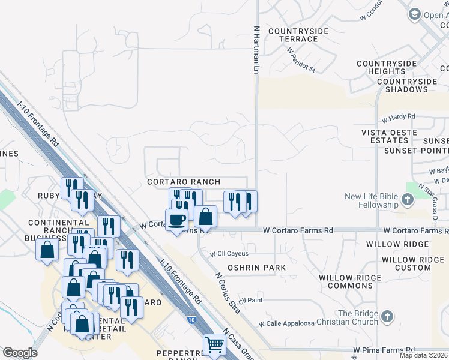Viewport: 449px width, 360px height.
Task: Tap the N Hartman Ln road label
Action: (256, 49)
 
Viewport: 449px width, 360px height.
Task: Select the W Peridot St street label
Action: (301, 60)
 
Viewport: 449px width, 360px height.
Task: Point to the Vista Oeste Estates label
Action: (385, 136)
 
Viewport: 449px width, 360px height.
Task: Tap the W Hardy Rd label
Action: (398, 116)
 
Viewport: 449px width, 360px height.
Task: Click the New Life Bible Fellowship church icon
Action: (408, 200)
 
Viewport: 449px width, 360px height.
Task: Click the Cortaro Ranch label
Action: (184, 182)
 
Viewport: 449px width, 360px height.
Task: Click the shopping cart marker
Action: (214, 344)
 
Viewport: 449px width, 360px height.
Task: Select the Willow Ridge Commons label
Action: (350, 282)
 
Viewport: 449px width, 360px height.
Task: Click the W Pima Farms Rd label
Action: (384, 349)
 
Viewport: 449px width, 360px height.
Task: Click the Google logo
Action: (20, 353)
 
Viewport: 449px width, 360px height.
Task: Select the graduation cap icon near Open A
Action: (414, 14)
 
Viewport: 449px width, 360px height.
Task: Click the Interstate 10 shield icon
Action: (190, 320)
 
